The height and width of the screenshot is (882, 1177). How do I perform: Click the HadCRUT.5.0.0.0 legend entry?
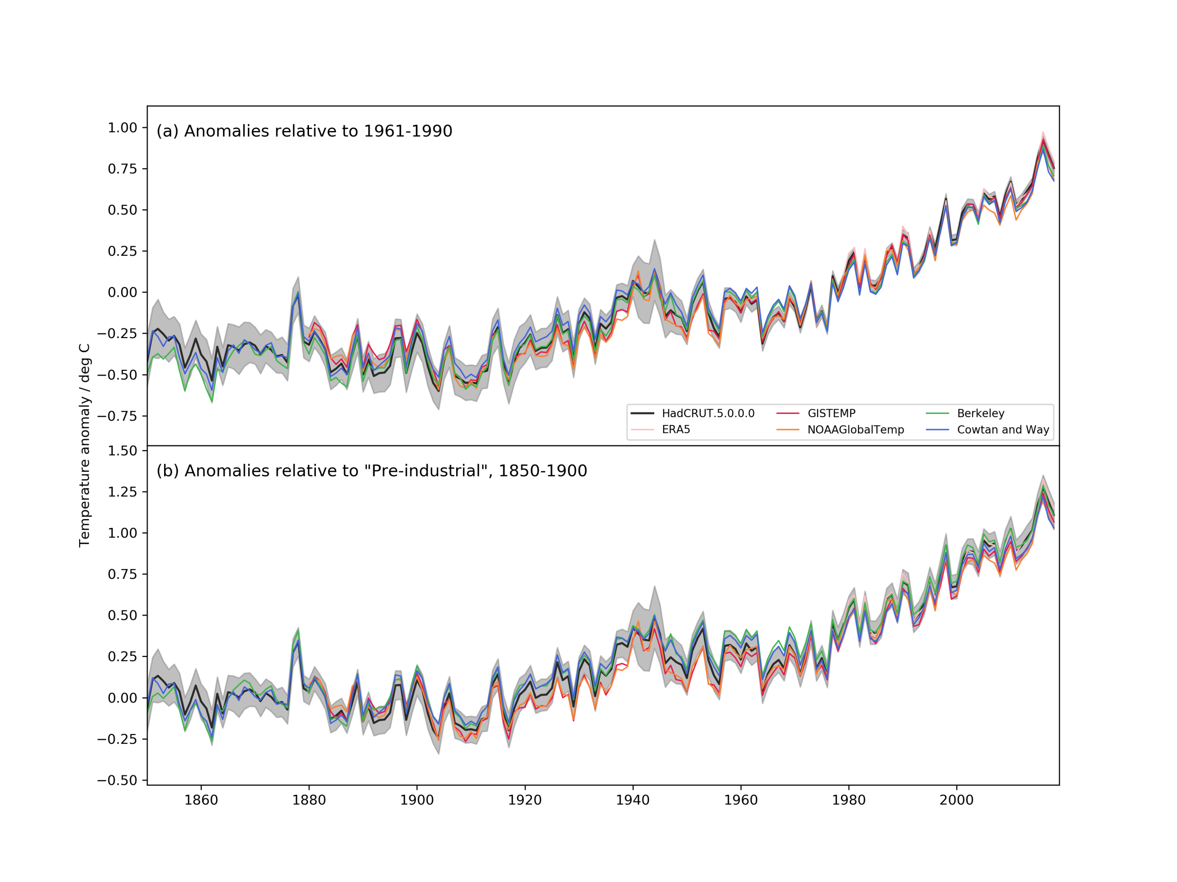(x=708, y=413)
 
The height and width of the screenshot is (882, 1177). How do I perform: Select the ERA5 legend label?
(x=676, y=430)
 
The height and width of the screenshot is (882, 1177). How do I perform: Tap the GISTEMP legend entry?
(x=831, y=413)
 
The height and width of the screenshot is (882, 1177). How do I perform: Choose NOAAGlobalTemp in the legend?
(x=856, y=430)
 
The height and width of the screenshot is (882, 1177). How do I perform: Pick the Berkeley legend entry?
(x=981, y=413)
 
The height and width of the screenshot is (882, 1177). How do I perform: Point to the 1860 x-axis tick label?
(x=201, y=800)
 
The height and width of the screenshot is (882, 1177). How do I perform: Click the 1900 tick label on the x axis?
(x=417, y=800)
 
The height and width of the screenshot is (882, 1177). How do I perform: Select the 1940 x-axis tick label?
(x=633, y=800)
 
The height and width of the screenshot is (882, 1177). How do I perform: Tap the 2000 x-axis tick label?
(x=956, y=800)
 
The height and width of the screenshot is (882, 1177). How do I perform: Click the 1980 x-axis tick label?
(x=849, y=800)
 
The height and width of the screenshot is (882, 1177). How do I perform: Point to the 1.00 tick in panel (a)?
(x=122, y=128)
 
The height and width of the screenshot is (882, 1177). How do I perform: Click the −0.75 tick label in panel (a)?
(x=117, y=416)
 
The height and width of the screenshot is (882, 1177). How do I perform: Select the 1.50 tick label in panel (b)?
(x=122, y=451)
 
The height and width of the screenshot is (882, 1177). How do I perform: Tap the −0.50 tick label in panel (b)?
(x=117, y=780)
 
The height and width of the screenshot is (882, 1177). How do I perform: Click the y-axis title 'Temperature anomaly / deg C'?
(x=85, y=446)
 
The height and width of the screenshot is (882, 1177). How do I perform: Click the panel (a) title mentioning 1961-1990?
(x=304, y=131)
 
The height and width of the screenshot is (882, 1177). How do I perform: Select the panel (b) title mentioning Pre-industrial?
(x=371, y=471)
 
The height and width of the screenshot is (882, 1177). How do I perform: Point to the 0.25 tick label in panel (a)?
(x=122, y=251)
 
